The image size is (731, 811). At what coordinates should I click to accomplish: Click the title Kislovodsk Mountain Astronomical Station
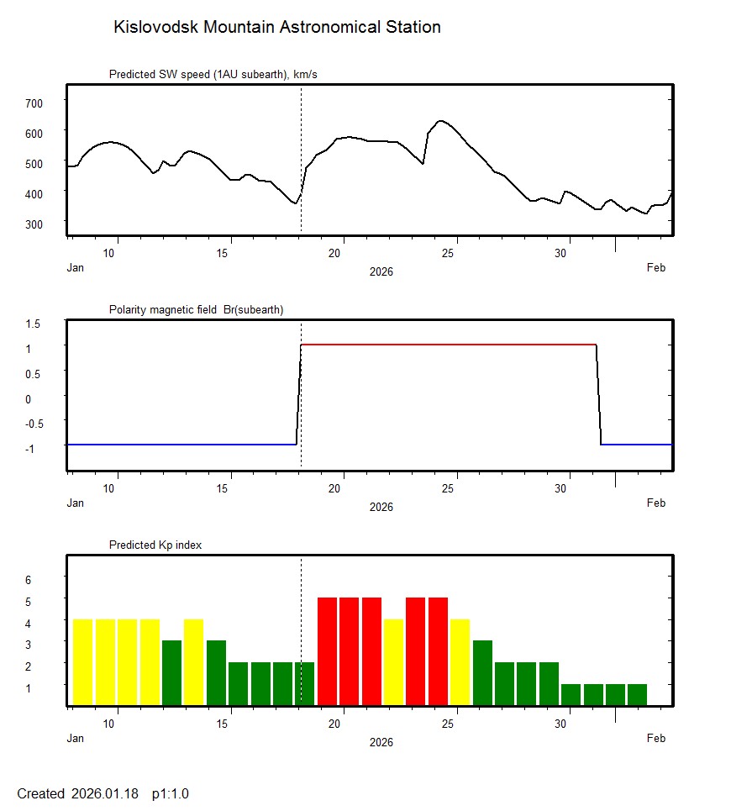pos(276,27)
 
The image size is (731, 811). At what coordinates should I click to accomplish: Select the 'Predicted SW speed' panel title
pos(213,75)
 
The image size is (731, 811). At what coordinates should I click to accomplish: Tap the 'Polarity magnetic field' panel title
pos(196,309)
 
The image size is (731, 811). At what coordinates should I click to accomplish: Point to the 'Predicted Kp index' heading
pos(155,545)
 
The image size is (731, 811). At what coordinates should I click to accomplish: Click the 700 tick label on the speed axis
pos(34,103)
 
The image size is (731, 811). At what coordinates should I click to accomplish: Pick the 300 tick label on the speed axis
pos(34,223)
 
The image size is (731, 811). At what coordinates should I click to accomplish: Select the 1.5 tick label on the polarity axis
pos(34,323)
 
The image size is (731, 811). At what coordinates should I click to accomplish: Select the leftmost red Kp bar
pos(328,650)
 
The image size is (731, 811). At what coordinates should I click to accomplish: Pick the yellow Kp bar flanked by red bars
pos(393,661)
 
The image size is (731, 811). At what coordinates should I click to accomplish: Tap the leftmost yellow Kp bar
pos(82,661)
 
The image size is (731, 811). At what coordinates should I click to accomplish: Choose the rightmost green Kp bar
pos(638,694)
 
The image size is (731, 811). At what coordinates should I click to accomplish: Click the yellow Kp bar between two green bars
pos(194,661)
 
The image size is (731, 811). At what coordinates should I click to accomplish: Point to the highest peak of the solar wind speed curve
pos(440,121)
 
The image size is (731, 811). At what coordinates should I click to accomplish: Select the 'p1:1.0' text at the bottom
pos(171,793)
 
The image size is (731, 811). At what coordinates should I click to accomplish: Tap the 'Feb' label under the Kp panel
pos(656,739)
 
